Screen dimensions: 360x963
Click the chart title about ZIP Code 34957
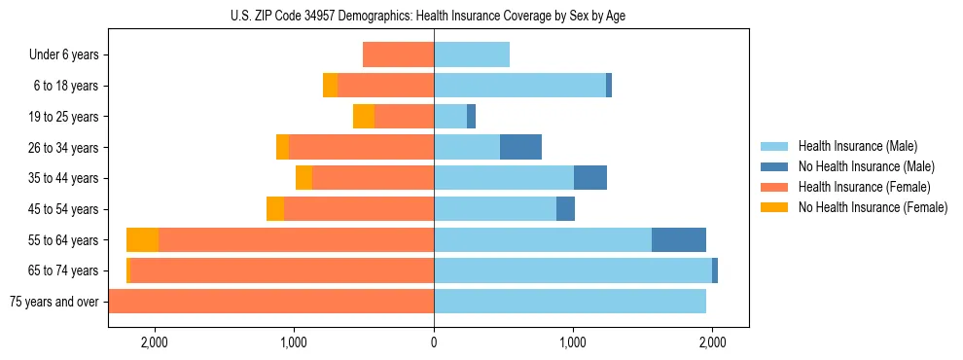point(433,15)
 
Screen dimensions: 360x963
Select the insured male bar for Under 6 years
point(472,54)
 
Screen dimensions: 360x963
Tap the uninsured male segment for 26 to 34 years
point(520,147)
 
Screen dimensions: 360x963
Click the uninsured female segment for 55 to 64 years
point(142,239)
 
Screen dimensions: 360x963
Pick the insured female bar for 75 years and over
point(271,302)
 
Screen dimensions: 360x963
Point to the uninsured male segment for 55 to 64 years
point(679,239)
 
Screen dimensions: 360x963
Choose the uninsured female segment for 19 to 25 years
point(364,117)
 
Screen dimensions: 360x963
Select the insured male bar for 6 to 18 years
point(519,86)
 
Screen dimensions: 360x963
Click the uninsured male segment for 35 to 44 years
point(590,178)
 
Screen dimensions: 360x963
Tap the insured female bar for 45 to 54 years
point(359,209)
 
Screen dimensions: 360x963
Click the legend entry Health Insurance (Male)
point(857,146)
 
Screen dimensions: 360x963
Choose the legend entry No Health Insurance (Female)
point(873,207)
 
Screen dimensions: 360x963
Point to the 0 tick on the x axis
point(434,342)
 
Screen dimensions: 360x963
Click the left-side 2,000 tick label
point(155,342)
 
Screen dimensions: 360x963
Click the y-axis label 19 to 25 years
point(66,117)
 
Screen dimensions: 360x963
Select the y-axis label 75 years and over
point(54,302)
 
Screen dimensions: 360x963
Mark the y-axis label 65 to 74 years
point(66,270)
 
